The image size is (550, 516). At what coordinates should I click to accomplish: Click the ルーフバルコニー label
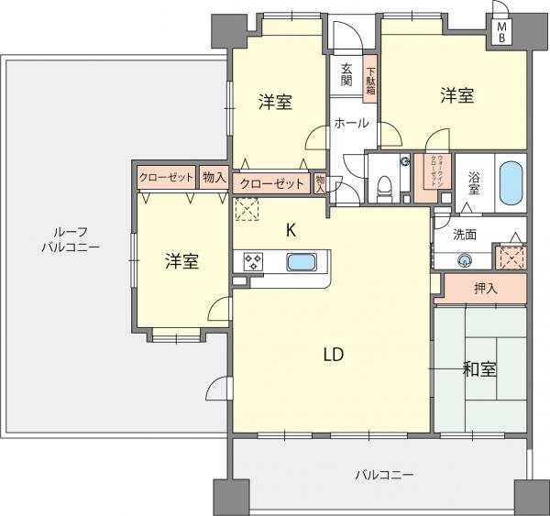pyautogui.click(x=71, y=239)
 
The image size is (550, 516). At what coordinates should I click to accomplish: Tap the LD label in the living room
pyautogui.click(x=332, y=356)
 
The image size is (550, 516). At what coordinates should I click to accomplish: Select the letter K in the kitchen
pyautogui.click(x=291, y=231)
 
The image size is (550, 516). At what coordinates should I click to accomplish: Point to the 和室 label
pyautogui.click(x=478, y=369)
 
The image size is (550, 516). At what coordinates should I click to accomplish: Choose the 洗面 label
pyautogui.click(x=466, y=235)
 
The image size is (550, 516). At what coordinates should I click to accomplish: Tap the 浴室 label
pyautogui.click(x=475, y=183)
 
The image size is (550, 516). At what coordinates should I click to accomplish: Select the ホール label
pyautogui.click(x=350, y=123)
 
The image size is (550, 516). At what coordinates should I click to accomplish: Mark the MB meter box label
pyautogui.click(x=501, y=31)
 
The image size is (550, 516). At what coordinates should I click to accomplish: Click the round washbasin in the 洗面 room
pyautogui.click(x=466, y=260)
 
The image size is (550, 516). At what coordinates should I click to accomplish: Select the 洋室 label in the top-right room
pyautogui.click(x=456, y=93)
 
